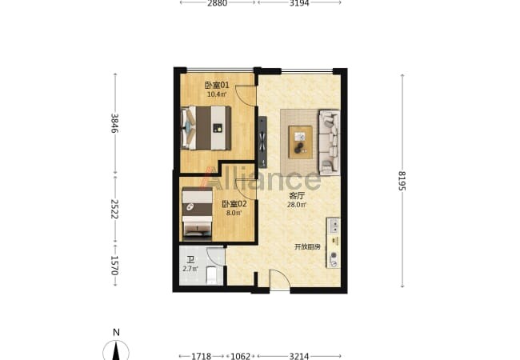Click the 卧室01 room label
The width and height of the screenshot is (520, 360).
pos(217,85)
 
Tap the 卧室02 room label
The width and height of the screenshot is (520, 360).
pos(234,204)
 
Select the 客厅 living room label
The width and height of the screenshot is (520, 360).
pos(297,196)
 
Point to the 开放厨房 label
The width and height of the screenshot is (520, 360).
pos(307,247)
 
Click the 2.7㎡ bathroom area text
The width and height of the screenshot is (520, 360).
pos(190,269)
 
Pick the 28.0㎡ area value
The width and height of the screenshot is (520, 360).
pos(297,205)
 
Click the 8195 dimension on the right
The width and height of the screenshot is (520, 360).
pos(402,181)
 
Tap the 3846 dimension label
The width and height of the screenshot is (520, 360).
pos(114,123)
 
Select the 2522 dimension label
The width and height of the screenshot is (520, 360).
pos(114,209)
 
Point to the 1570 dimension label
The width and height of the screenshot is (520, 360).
pos(114,265)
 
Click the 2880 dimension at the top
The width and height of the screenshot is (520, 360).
pos(218,3)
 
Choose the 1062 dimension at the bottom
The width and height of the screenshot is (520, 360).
pos(241,356)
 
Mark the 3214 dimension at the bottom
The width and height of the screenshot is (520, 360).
pos(299,356)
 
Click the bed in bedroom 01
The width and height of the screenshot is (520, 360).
pos(206,128)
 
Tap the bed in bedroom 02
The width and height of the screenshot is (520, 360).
pos(198,213)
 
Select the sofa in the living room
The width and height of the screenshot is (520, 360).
pos(330,142)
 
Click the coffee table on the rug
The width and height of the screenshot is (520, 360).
pos(301,142)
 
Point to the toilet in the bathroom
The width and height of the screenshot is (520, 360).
pos(211,276)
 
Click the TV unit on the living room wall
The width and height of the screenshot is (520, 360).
pos(262,142)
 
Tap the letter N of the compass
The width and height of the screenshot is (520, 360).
pos(116,332)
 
